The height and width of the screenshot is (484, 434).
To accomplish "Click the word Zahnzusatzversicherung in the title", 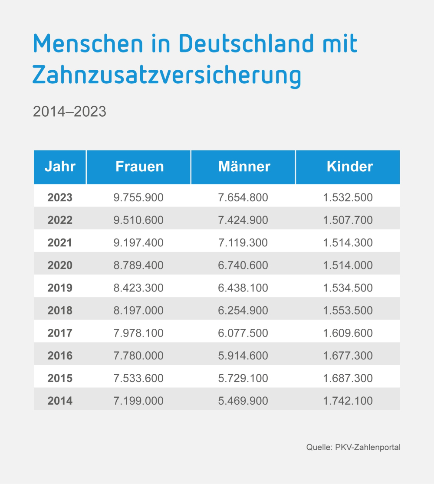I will tap(167, 75).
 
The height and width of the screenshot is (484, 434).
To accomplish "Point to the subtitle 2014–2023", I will tap(69, 111).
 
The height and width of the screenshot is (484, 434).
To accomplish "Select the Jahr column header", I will tap(60, 167).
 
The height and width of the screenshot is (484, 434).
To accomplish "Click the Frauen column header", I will tap(139, 167).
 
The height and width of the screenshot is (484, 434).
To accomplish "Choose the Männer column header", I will tap(244, 167).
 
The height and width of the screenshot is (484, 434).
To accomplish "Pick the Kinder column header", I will tap(349, 167).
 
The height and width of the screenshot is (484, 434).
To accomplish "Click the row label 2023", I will tap(60, 198).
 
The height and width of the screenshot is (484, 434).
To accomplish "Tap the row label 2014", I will tap(60, 401).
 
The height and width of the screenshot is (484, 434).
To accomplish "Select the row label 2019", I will tap(60, 288).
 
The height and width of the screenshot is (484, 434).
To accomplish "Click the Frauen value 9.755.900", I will tap(138, 198).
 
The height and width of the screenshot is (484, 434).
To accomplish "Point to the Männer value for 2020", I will tap(243, 265).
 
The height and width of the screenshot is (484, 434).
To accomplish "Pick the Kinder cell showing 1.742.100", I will tap(348, 401).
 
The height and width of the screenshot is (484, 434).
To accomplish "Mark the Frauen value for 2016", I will tap(138, 356).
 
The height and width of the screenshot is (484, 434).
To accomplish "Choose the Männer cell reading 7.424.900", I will tap(243, 220).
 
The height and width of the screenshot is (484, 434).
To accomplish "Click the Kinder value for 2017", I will tap(348, 333).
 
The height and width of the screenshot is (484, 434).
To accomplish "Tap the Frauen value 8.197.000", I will tap(138, 311).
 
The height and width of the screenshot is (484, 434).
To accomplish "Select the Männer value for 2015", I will tap(243, 378).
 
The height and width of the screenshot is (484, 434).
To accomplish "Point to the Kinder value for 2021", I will tap(348, 243).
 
